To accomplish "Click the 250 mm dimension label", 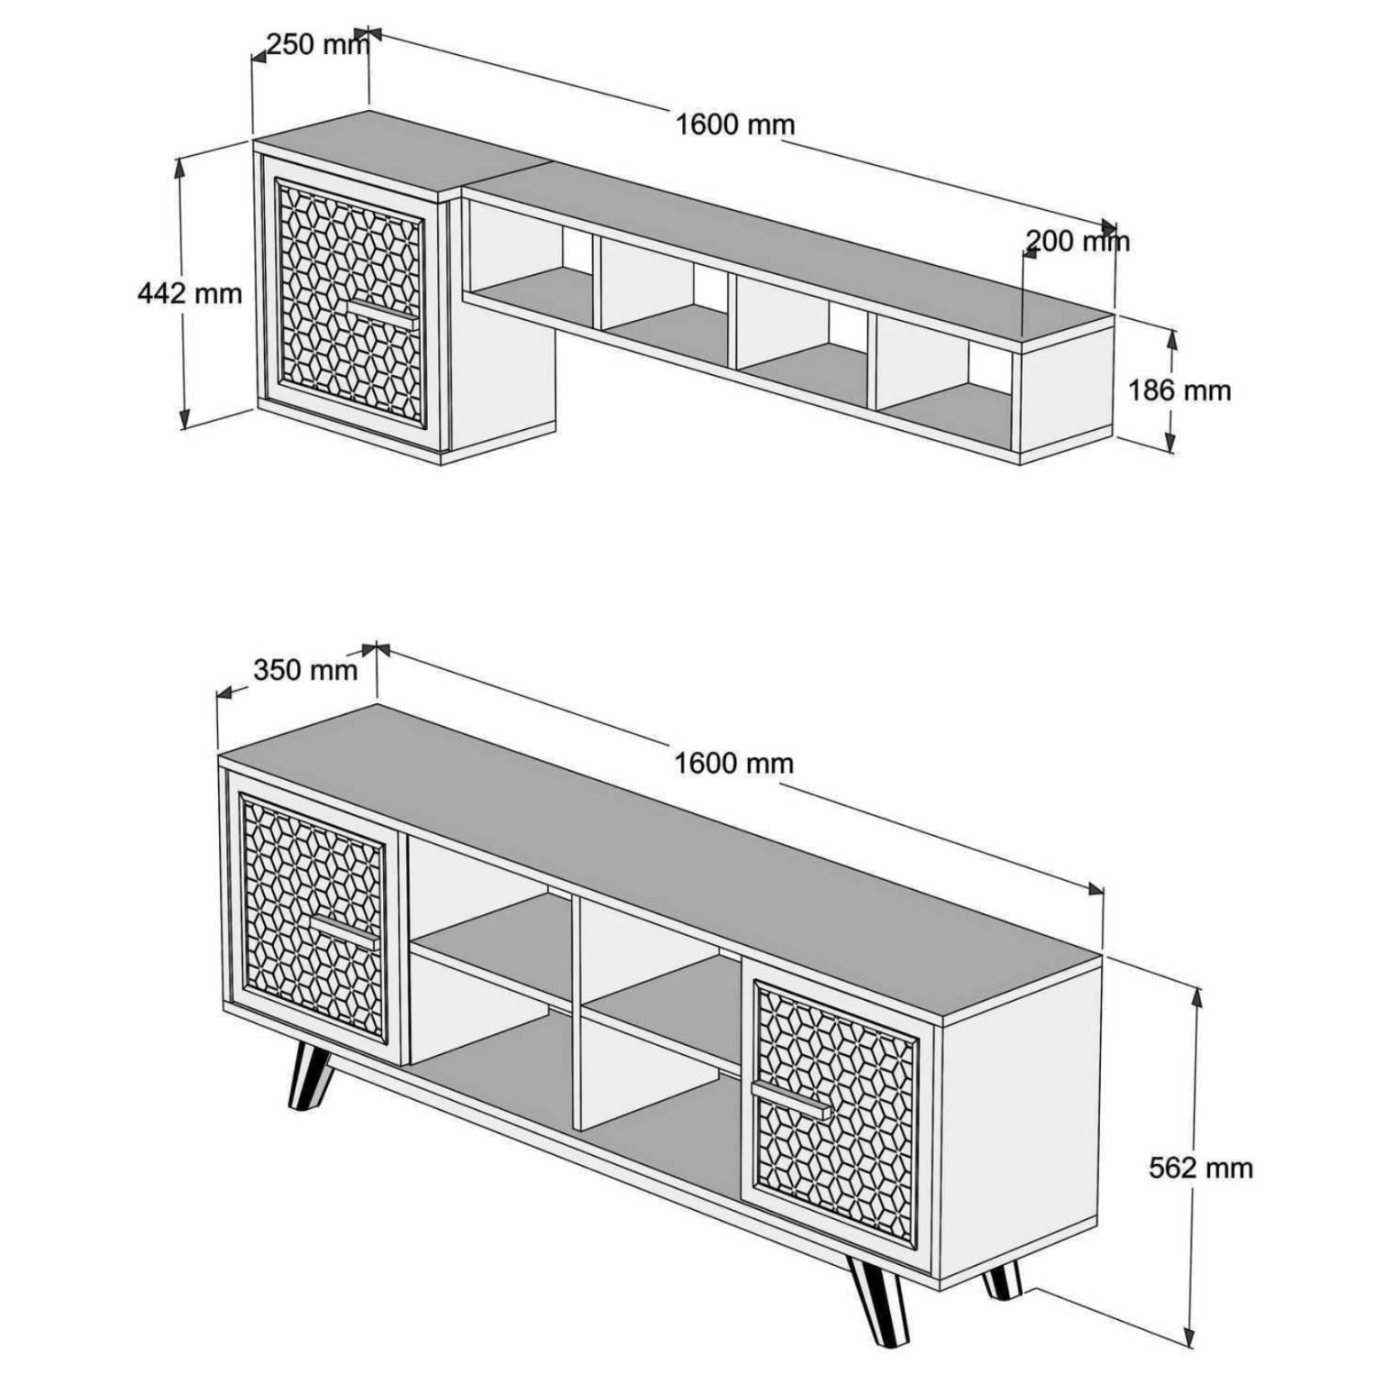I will click(x=317, y=44).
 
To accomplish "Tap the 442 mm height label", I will click(x=190, y=293).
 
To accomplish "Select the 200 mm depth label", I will click(x=1077, y=241).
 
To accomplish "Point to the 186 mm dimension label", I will click(x=1179, y=390).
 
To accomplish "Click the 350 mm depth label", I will click(x=305, y=670).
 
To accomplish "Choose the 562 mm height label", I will click(x=1201, y=1168).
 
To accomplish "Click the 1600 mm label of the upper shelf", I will click(x=735, y=124).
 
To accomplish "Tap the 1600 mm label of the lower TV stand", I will click(x=733, y=763).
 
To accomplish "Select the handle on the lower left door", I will click(x=343, y=929).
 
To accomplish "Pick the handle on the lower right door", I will click(x=790, y=1100).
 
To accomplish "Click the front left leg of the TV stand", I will click(x=309, y=1078).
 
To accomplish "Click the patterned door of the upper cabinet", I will click(x=350, y=302).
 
